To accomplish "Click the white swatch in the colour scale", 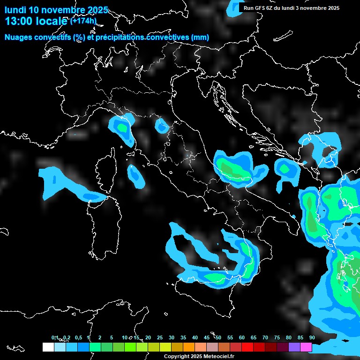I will pyautogui.click(x=48, y=347).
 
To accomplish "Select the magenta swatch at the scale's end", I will pyautogui.click(x=306, y=347).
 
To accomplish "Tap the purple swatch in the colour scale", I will pyautogui.click(x=294, y=347).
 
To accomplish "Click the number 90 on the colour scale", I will pyautogui.click(x=312, y=337).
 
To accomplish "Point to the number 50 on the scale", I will pyautogui.click(x=218, y=337).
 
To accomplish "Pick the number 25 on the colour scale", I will pyautogui.click(x=160, y=337).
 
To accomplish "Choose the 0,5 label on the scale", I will pyautogui.click(x=78, y=337).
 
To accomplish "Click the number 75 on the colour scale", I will pyautogui.click(x=277, y=337).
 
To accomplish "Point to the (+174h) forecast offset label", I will pyautogui.click(x=83, y=21).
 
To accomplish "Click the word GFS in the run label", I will pyautogui.click(x=260, y=8).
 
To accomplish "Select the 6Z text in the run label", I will pyautogui.click(x=270, y=8).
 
